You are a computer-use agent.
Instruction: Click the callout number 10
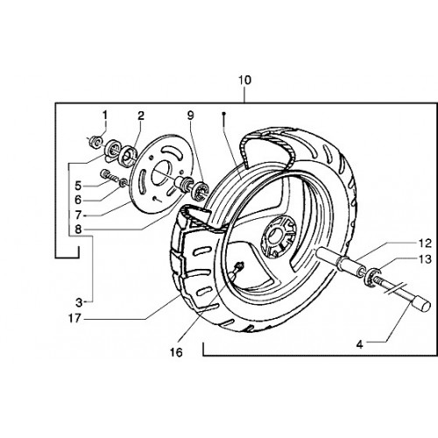244,80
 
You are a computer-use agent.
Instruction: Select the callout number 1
105,115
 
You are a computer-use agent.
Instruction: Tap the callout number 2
141,116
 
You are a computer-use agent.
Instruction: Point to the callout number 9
190,116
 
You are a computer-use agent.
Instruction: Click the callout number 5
78,186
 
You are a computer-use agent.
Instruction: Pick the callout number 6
78,200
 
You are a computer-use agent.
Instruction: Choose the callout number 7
78,215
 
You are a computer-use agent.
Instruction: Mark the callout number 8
78,230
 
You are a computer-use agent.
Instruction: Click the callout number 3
79,302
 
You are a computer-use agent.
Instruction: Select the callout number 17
74,318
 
